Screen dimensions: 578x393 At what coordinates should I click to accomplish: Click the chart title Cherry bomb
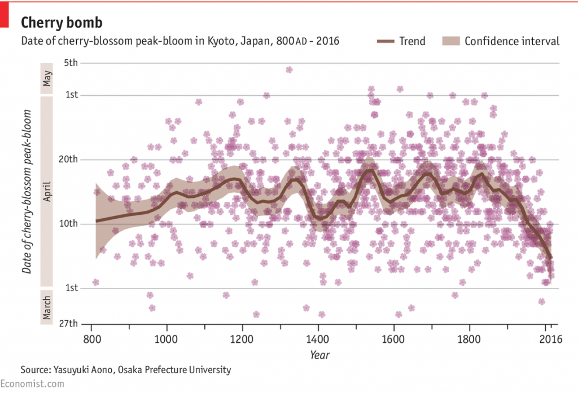coord(62,23)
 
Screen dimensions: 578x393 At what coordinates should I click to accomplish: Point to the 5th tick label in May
coord(71,63)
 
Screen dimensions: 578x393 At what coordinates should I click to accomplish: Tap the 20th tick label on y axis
coord(69,160)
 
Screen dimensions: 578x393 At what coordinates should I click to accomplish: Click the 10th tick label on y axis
coord(69,224)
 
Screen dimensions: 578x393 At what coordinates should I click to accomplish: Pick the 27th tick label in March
coord(69,324)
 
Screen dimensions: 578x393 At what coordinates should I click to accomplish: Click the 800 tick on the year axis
coord(91,340)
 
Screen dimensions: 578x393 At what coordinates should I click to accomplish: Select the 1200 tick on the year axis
coord(242,340)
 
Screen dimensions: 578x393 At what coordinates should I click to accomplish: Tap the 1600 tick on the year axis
coord(393,340)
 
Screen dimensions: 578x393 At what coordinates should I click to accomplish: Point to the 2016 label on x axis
coord(550,340)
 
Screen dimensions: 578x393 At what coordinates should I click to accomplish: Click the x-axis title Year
coord(319,355)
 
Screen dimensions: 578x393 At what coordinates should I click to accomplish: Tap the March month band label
coord(47,306)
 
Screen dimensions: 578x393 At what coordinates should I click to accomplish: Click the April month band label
coord(47,192)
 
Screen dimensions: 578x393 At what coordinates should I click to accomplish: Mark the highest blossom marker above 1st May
coord(289,70)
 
